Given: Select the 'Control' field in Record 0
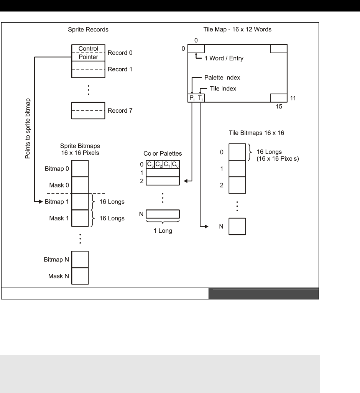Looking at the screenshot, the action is point(88,49).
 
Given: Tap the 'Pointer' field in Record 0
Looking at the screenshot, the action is point(88,57).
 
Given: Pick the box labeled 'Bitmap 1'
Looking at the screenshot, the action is point(80,201).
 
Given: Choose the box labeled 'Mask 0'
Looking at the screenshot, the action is point(80,184).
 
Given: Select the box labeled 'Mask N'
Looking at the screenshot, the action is point(80,275).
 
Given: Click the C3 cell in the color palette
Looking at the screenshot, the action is point(151,165).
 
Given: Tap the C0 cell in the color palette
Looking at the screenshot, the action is point(175,165).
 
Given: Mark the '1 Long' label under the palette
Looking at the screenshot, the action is point(163,231).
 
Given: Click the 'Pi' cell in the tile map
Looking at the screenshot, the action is point(192,99).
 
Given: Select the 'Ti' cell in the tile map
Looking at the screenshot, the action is point(200,99).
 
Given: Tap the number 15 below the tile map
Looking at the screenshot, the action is point(279,108).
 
